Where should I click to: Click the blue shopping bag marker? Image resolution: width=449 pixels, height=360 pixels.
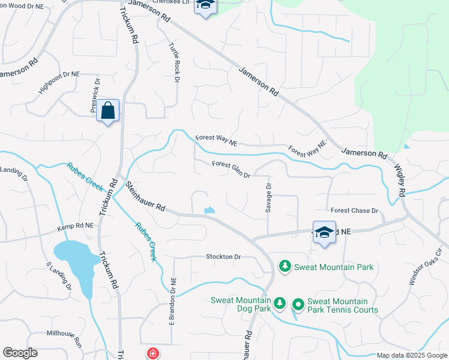coord(108,111)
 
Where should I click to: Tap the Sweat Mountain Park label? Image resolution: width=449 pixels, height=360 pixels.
coord(334,267)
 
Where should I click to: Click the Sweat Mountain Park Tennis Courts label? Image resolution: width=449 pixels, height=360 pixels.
coord(342,305)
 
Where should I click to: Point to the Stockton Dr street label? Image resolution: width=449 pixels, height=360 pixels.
coord(223,257)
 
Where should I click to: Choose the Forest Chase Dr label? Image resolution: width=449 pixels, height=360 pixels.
coord(354,211)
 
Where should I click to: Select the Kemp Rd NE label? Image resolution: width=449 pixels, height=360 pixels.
coord(76,227)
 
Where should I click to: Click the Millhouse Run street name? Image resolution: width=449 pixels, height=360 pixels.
coord(64,337)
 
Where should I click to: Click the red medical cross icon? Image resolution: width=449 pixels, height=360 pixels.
coord(153,353)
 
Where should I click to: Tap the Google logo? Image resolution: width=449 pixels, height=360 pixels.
coord(20,353)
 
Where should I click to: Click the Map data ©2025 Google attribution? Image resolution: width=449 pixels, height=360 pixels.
coord(411,355)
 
